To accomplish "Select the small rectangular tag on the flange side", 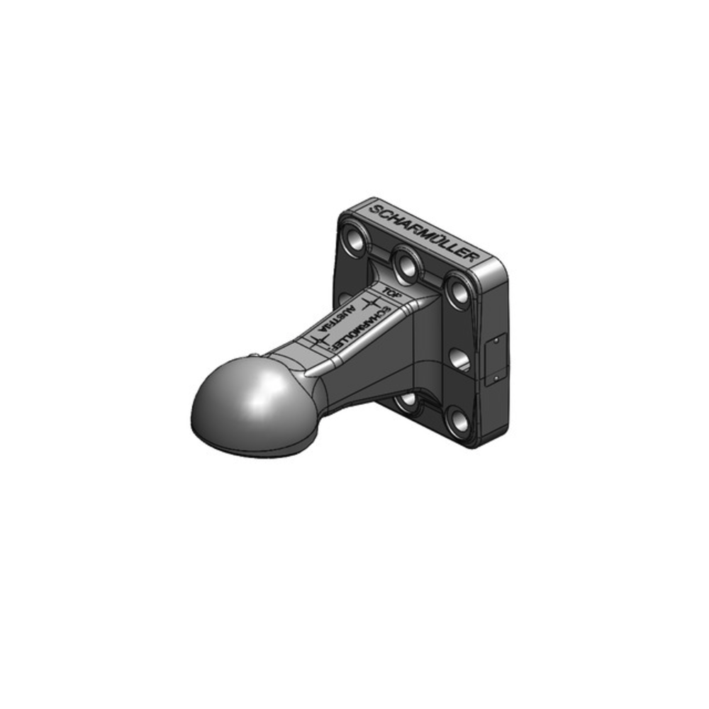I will (496, 359).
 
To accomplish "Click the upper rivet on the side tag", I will (496, 340).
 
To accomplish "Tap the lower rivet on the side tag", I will (496, 378).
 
